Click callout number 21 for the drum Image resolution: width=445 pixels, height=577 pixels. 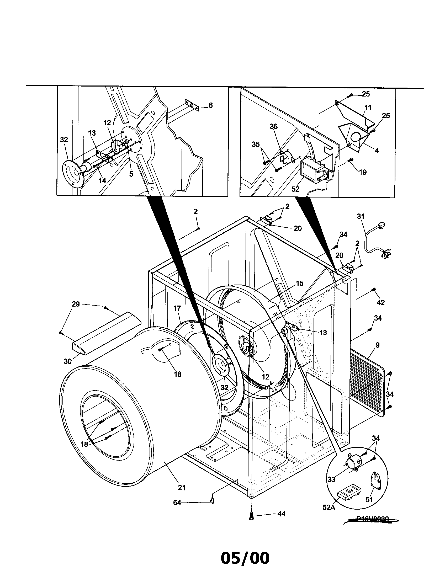182,488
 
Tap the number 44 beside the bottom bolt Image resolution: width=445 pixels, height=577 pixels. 282,514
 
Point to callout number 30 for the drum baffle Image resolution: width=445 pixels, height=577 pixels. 68,361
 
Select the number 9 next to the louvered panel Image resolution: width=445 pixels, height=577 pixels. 377,345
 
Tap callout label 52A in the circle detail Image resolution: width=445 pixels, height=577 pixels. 329,507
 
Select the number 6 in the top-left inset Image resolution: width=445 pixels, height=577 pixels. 210,105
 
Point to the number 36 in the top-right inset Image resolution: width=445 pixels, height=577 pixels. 274,127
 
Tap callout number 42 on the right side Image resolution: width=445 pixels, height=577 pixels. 380,302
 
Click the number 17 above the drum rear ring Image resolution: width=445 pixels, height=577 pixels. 177,308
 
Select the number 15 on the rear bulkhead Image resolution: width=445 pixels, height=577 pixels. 300,284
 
